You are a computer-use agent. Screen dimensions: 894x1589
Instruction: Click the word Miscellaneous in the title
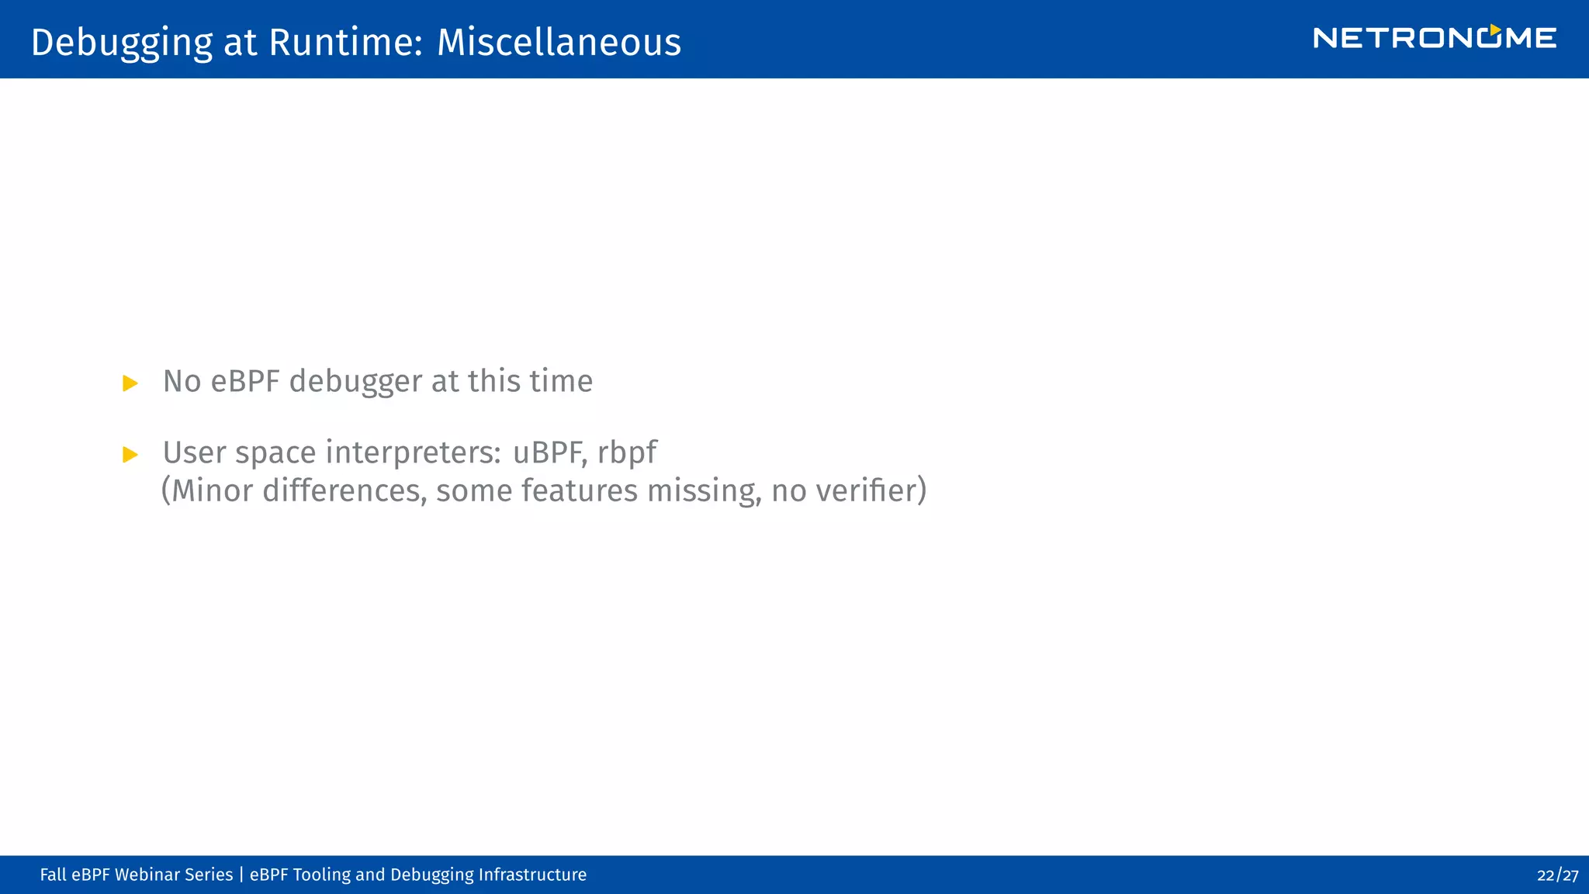[559, 42]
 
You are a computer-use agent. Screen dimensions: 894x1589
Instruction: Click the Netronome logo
[1434, 38]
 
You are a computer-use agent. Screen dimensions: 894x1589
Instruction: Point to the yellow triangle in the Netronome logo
[1494, 29]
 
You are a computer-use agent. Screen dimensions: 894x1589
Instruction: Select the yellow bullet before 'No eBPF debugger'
[130, 383]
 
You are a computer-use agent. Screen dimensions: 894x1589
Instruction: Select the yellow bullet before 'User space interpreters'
[130, 455]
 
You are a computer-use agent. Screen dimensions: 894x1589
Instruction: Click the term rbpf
[627, 453]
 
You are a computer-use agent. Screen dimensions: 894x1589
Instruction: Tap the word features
[579, 490]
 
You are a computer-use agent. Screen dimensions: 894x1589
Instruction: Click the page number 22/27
[1557, 875]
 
